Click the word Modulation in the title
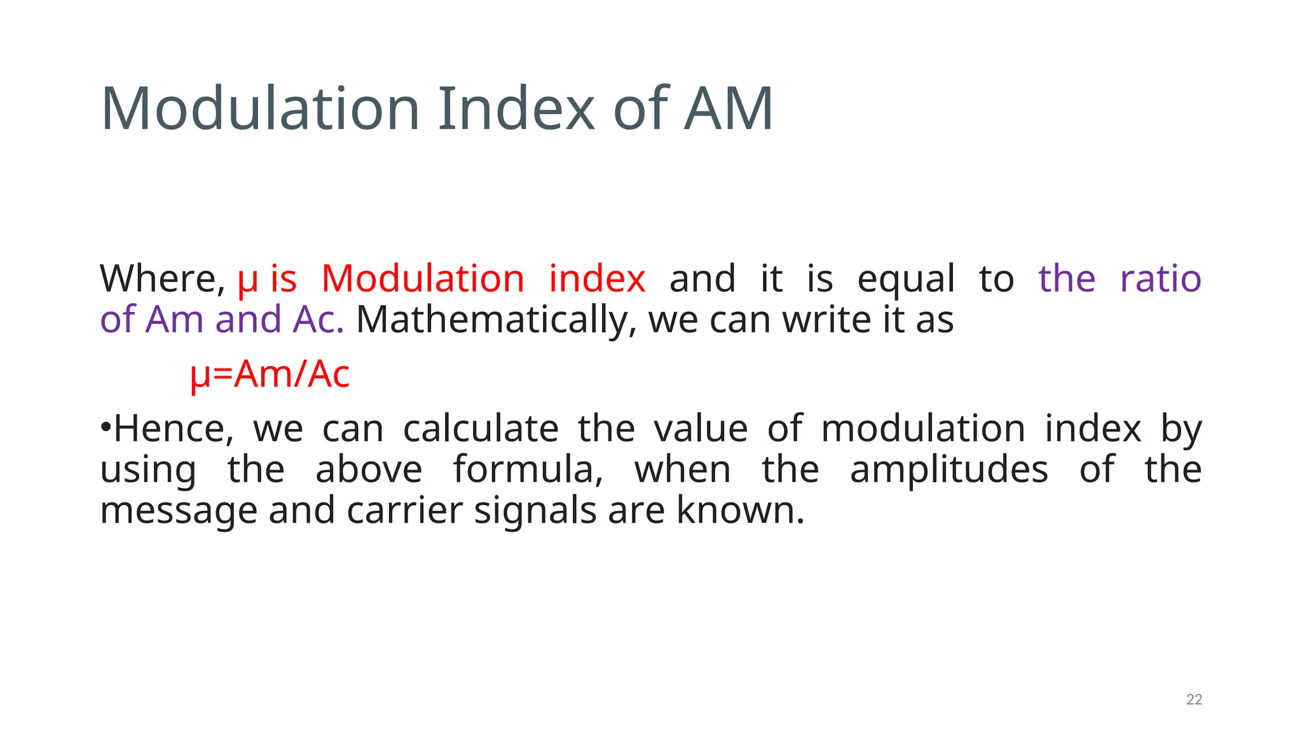point(260,109)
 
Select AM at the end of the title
point(728,109)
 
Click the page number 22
point(1194,700)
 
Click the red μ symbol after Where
point(247,280)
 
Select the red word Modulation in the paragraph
point(423,279)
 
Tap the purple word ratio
point(1160,279)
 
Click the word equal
point(906,280)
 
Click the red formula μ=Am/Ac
point(270,374)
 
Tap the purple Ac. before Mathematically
point(318,320)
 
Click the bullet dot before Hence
point(106,424)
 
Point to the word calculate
point(481,429)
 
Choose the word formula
point(528,470)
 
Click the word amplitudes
point(949,470)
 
